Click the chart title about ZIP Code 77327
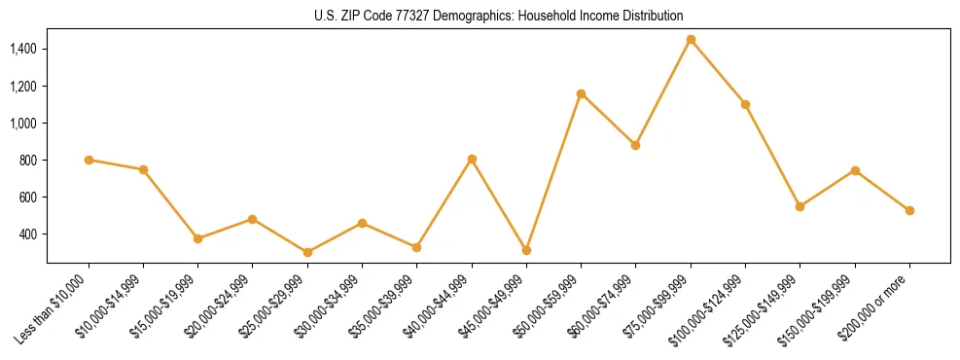tap(498, 16)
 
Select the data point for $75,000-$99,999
tap(691, 40)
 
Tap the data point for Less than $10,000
tap(89, 160)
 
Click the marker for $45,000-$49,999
tap(526, 250)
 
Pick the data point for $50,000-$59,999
tap(581, 93)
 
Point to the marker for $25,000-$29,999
tap(307, 252)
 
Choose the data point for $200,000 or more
tap(909, 210)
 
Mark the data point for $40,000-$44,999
tap(472, 159)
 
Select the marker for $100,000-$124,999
tap(745, 104)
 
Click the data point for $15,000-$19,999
tap(197, 238)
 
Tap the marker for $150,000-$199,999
tap(855, 170)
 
